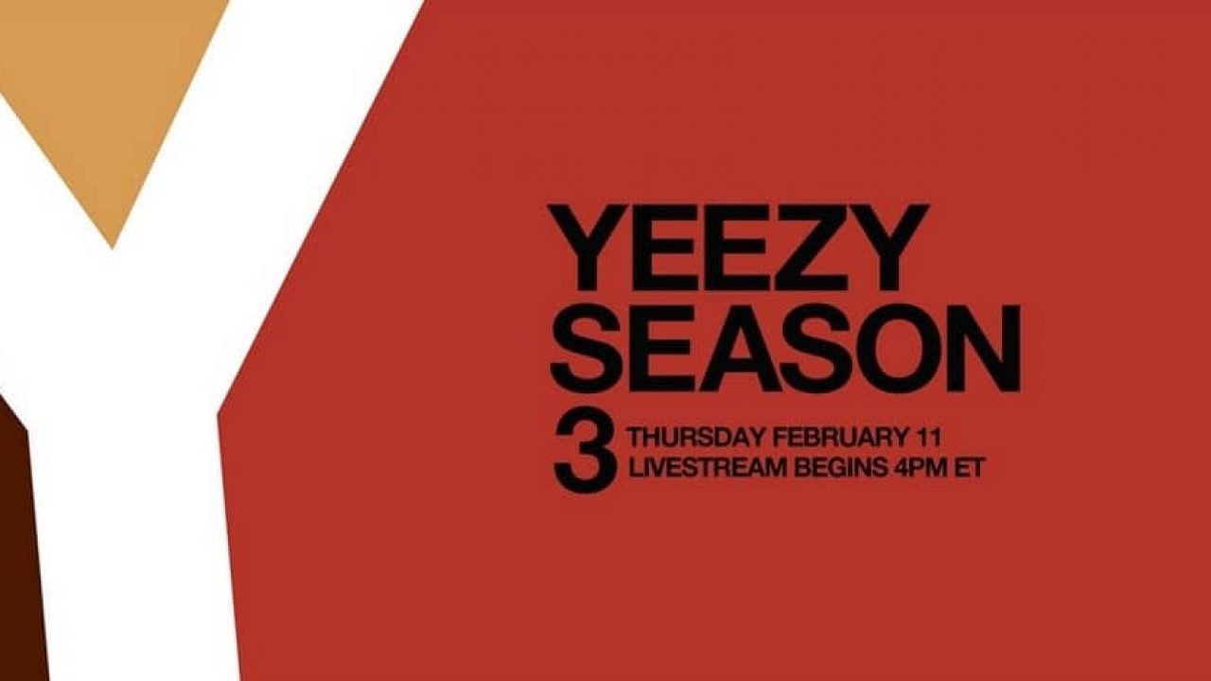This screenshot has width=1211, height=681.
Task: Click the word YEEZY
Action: click(x=738, y=248)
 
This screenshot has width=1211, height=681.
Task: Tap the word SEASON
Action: click(x=785, y=347)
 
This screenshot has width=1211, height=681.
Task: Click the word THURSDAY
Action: click(x=697, y=437)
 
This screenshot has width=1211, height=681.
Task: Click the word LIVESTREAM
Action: click(x=708, y=468)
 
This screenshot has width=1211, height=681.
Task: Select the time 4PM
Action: click(x=921, y=468)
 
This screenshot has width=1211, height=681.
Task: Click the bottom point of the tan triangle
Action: click(x=113, y=249)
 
